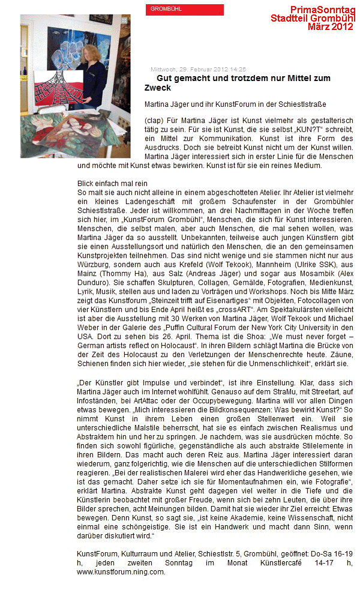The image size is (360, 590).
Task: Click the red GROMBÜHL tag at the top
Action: click(x=184, y=10)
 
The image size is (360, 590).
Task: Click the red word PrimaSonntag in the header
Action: click(x=322, y=10)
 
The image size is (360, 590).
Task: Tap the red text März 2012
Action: click(x=330, y=26)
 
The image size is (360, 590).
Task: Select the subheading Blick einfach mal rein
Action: click(x=112, y=183)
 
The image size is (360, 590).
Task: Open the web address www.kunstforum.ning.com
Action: click(x=121, y=572)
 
